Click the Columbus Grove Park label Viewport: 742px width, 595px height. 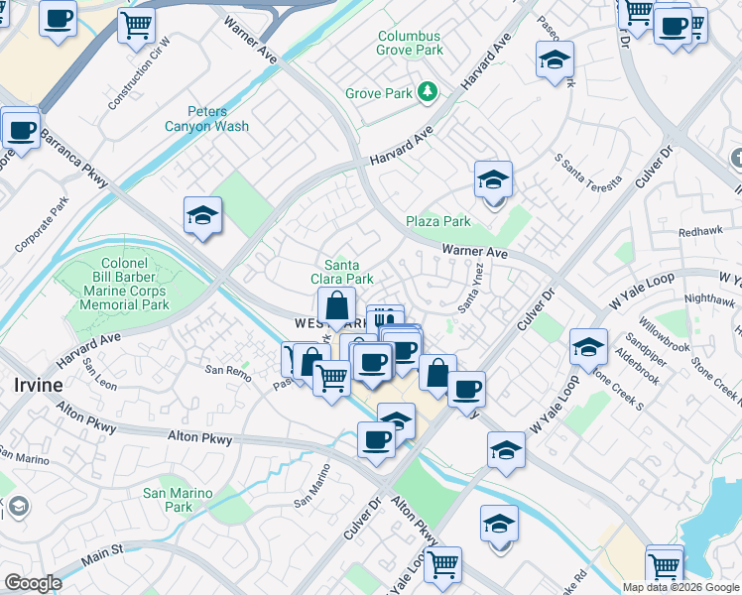(x=408, y=44)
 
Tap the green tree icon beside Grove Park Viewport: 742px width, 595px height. (x=429, y=92)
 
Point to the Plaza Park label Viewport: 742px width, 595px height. (x=437, y=221)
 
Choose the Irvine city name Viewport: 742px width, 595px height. (x=38, y=384)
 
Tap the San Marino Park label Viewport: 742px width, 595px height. (x=179, y=500)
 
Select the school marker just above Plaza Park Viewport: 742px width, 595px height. (x=493, y=179)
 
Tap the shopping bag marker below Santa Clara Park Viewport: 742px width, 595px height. (x=336, y=305)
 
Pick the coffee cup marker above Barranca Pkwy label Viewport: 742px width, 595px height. (x=20, y=129)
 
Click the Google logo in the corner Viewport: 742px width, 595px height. (x=33, y=582)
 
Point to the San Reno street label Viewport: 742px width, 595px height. (x=227, y=370)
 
